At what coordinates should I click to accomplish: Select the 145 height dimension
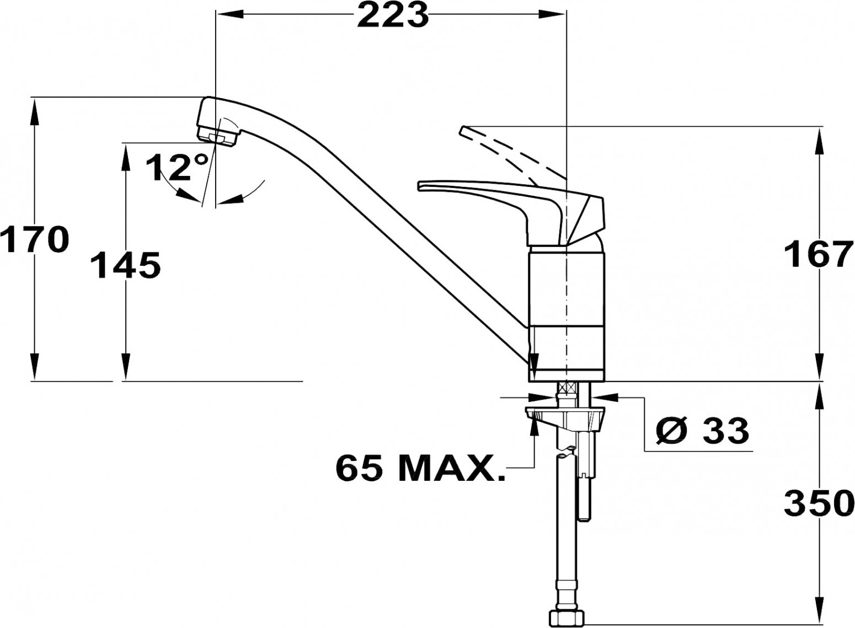coord(125,265)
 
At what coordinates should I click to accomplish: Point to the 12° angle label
coord(178,167)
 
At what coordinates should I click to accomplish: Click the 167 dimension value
coord(819,254)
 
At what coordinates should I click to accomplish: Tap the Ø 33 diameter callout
coord(702,431)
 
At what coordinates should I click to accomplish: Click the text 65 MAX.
coord(420,468)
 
